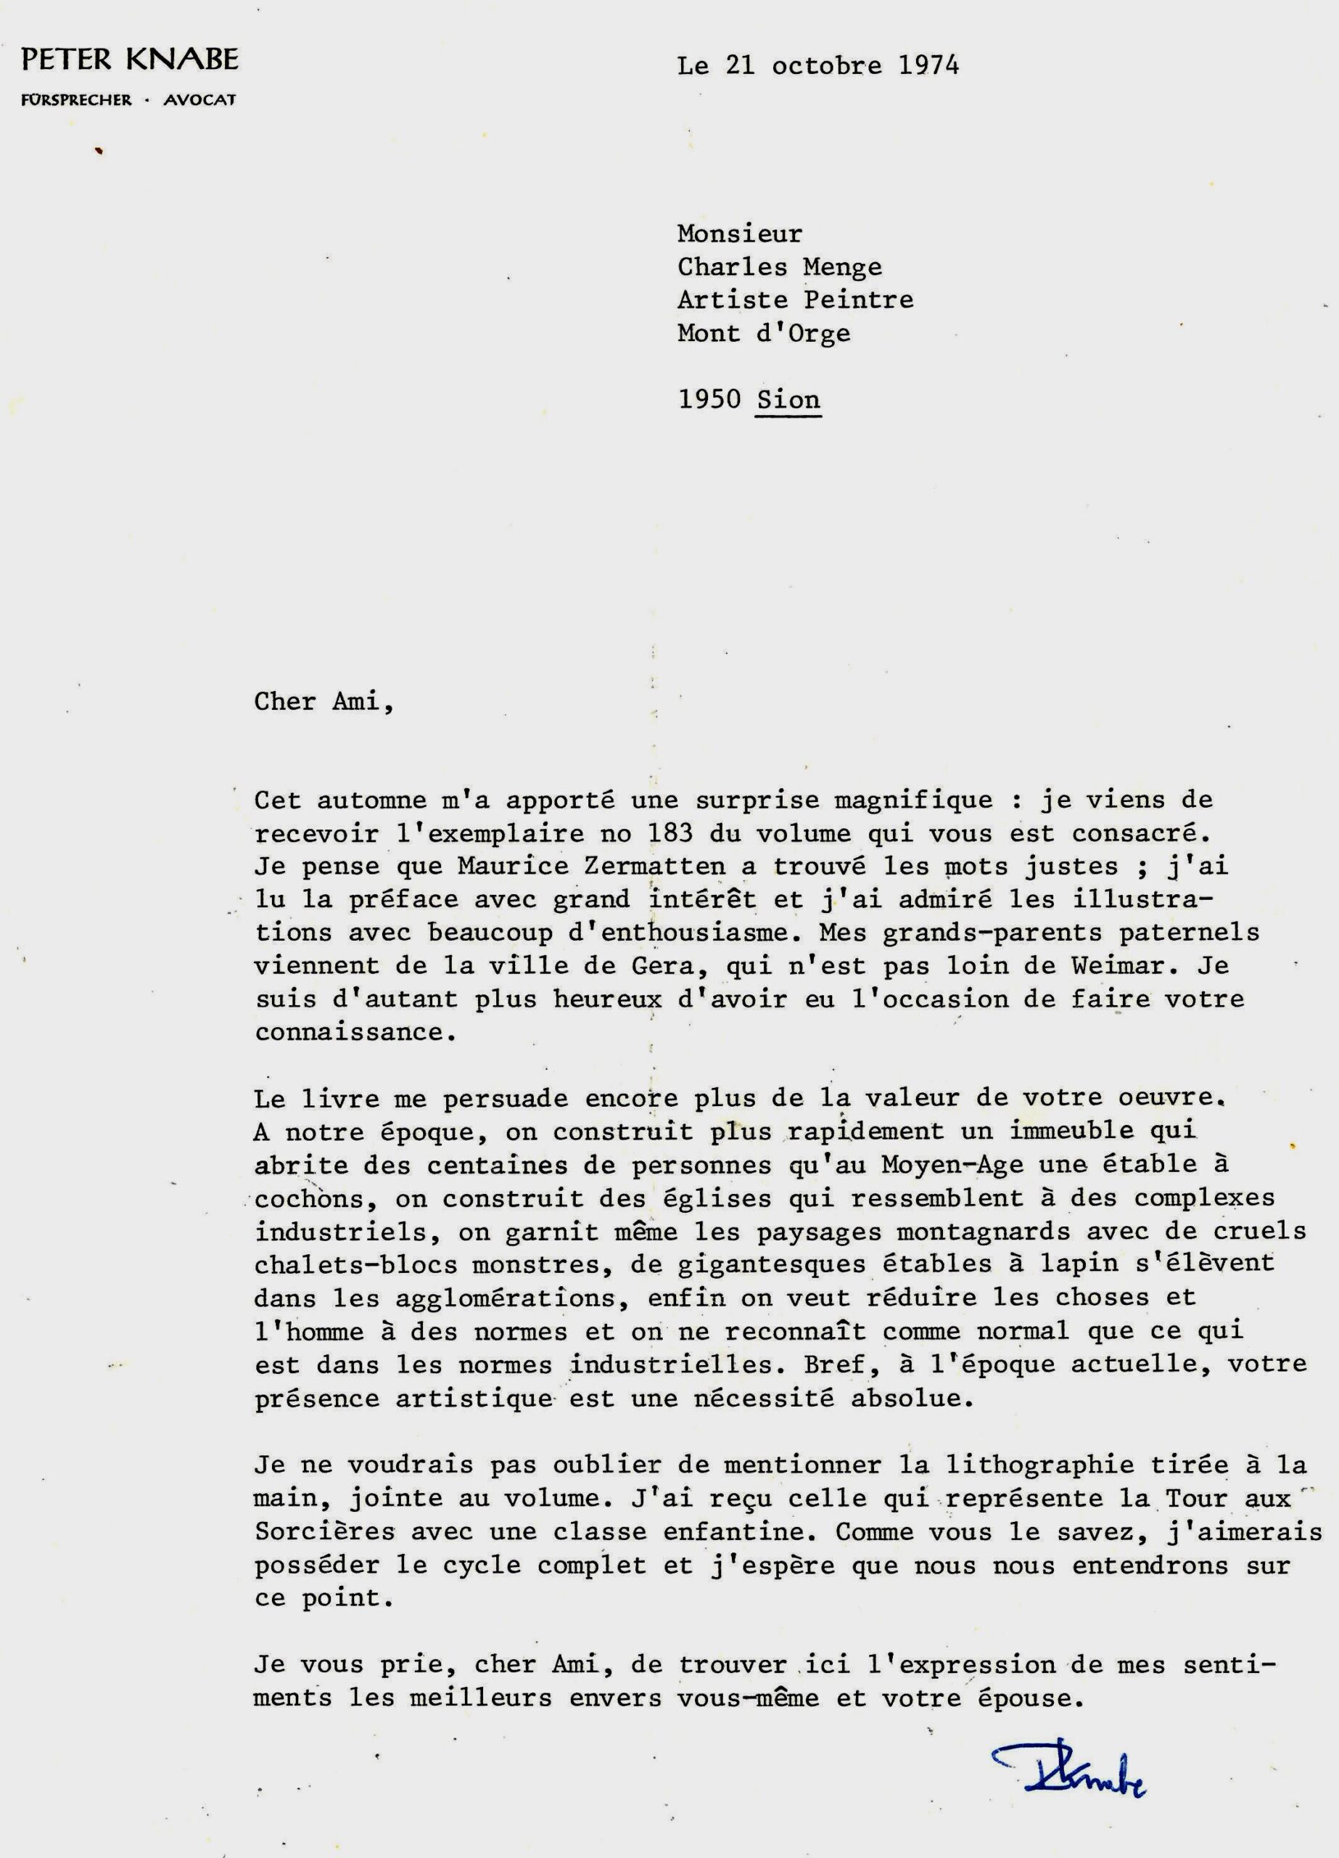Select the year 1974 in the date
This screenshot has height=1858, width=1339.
coord(928,65)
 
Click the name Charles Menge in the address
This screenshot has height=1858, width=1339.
coord(779,267)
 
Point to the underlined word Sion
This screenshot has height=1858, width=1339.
coord(788,400)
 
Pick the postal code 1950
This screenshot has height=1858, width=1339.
coord(709,400)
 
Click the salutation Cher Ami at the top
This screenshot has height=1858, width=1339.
coord(323,702)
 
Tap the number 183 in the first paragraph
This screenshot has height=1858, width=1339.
coord(668,833)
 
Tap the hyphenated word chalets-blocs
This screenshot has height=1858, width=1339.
coord(355,1265)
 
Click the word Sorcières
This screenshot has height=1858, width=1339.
coord(324,1531)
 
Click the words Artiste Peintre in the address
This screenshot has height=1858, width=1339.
coord(794,300)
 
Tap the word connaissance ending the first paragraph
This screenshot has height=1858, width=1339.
coord(354,1031)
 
